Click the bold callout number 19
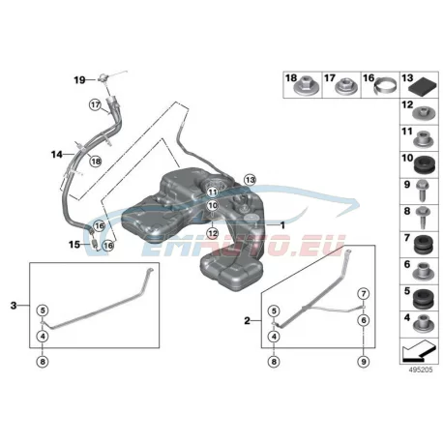click(79, 79)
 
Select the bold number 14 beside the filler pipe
click(57, 155)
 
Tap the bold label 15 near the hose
click(74, 245)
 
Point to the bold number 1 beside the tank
click(282, 225)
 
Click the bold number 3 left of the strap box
click(14, 305)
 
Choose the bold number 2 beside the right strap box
click(247, 321)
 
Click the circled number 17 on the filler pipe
click(96, 104)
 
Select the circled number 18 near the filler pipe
click(96, 161)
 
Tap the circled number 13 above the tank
click(250, 180)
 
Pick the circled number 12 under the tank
click(212, 233)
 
